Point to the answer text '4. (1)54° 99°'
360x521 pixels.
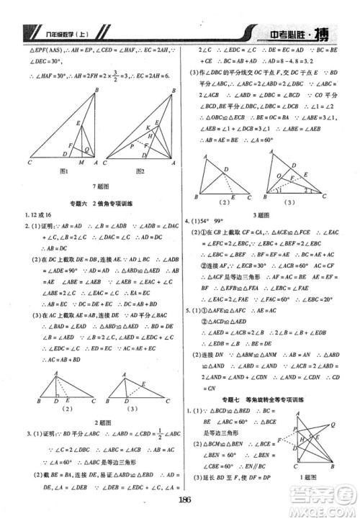213,222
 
